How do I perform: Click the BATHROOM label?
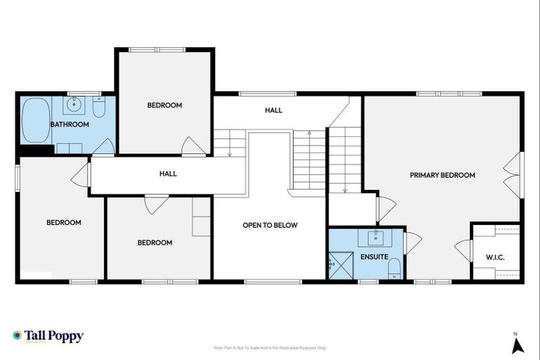tap(70, 124)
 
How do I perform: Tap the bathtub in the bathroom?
tap(35, 120)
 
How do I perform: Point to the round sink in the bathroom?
tap(75, 106)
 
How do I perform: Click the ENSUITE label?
tap(373, 257)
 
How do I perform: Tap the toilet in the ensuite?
tap(394, 268)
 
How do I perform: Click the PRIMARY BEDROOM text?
tap(442, 175)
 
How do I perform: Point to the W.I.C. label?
tap(495, 257)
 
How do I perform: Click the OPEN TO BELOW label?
tap(270, 225)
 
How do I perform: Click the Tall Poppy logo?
tap(48, 336)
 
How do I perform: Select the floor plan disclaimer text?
tap(270, 347)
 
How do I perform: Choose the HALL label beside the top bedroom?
tap(274, 110)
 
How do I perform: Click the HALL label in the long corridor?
tap(168, 174)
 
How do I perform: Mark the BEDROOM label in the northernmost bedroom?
tap(165, 105)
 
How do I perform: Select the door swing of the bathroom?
tap(104, 146)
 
